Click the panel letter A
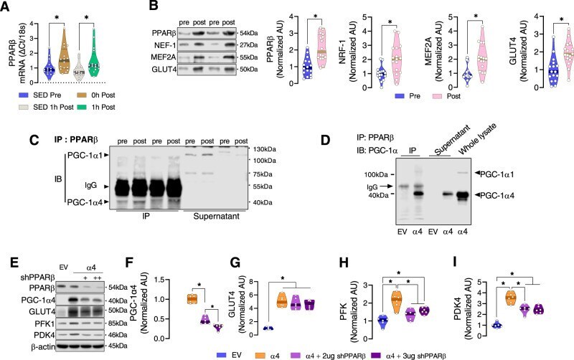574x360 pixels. tap(9, 6)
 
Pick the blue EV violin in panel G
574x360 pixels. tap(268, 328)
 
